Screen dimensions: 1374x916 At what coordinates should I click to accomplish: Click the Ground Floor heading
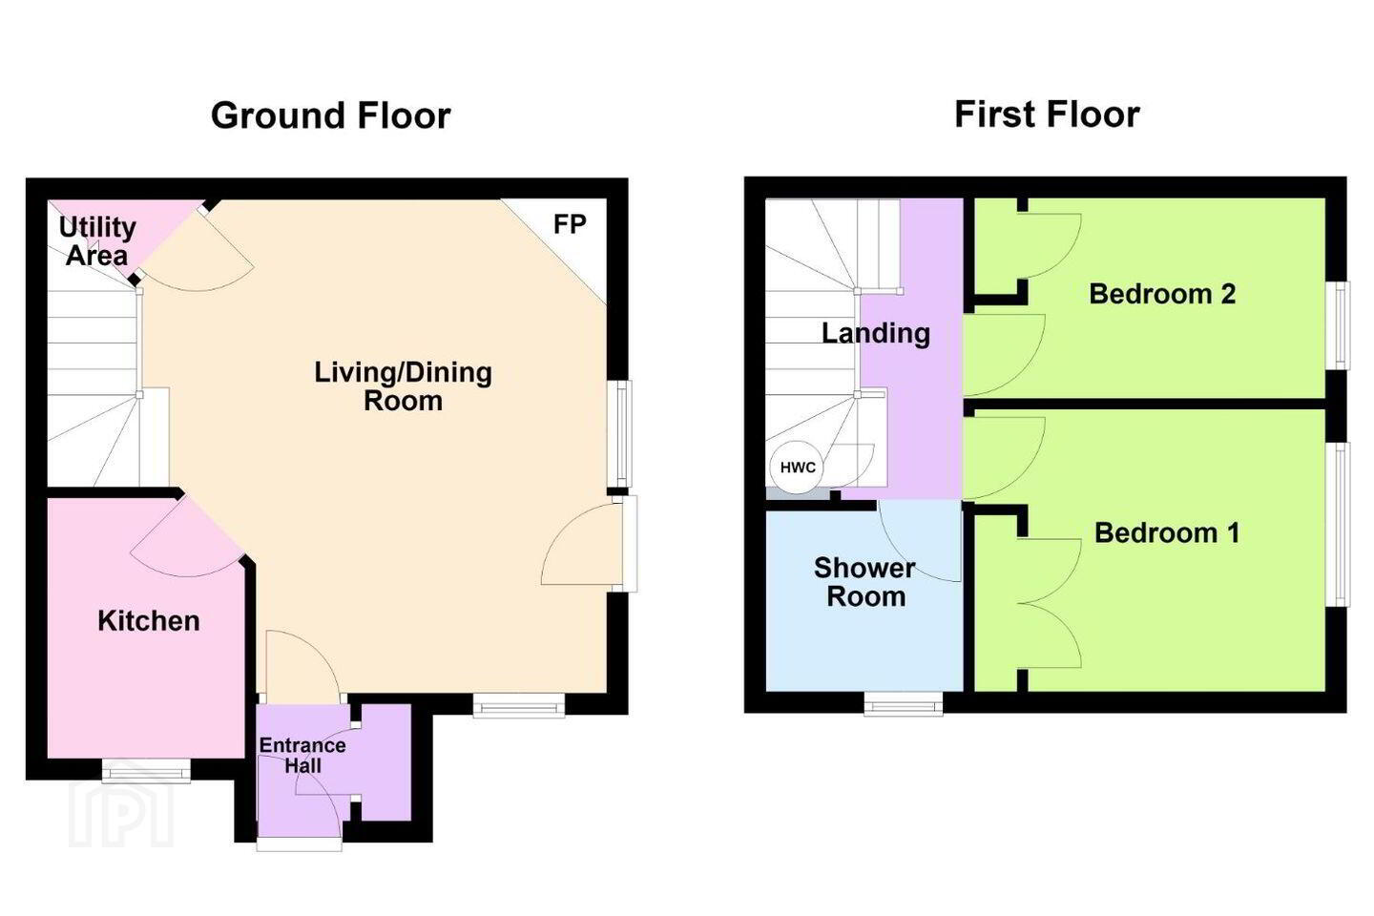pyautogui.click(x=330, y=115)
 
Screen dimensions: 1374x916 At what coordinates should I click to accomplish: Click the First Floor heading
pyautogui.click(x=1047, y=114)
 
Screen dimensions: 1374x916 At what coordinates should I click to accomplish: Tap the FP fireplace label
pyautogui.click(x=570, y=224)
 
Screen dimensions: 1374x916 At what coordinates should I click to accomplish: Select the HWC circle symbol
pyautogui.click(x=798, y=468)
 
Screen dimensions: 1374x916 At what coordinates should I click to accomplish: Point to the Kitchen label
pyautogui.click(x=149, y=621)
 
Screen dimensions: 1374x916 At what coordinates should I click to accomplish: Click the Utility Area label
pyautogui.click(x=97, y=241)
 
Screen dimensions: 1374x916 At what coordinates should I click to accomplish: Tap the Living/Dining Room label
pyautogui.click(x=403, y=386)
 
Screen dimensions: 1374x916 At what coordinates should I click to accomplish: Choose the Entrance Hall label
pyautogui.click(x=302, y=756)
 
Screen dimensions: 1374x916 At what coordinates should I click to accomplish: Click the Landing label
pyautogui.click(x=876, y=334)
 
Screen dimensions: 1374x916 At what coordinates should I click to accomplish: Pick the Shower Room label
pyautogui.click(x=864, y=582)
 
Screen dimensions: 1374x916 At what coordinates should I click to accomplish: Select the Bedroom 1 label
pyautogui.click(x=1167, y=532)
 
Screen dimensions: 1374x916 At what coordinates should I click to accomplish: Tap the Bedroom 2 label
pyautogui.click(x=1162, y=294)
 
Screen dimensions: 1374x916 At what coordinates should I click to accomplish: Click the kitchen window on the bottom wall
pyautogui.click(x=146, y=771)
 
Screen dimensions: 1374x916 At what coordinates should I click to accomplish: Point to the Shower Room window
pyautogui.click(x=904, y=704)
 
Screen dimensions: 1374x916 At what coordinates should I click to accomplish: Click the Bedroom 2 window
pyautogui.click(x=1338, y=325)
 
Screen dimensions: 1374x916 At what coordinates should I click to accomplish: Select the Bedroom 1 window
pyautogui.click(x=1338, y=525)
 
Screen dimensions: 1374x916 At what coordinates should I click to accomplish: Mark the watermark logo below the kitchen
pyautogui.click(x=121, y=813)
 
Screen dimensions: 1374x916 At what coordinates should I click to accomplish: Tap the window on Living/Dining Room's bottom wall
pyautogui.click(x=519, y=705)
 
